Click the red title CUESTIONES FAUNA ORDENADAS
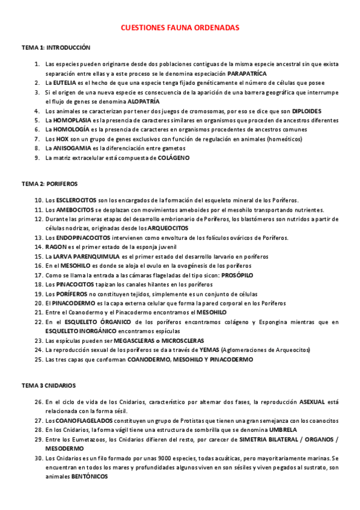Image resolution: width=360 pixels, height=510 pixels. click(180, 28)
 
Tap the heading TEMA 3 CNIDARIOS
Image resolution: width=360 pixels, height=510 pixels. click(49, 384)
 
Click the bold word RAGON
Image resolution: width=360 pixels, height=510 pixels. click(55, 247)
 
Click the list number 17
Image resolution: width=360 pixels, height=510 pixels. click(38, 275)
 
